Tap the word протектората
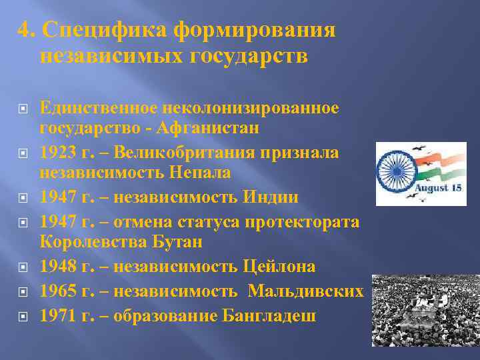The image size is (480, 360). click(x=303, y=221)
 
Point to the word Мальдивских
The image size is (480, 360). click(x=307, y=291)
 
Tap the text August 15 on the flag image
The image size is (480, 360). click(x=439, y=188)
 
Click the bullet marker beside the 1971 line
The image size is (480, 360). click(x=22, y=316)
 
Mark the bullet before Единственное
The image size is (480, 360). click(x=22, y=107)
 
